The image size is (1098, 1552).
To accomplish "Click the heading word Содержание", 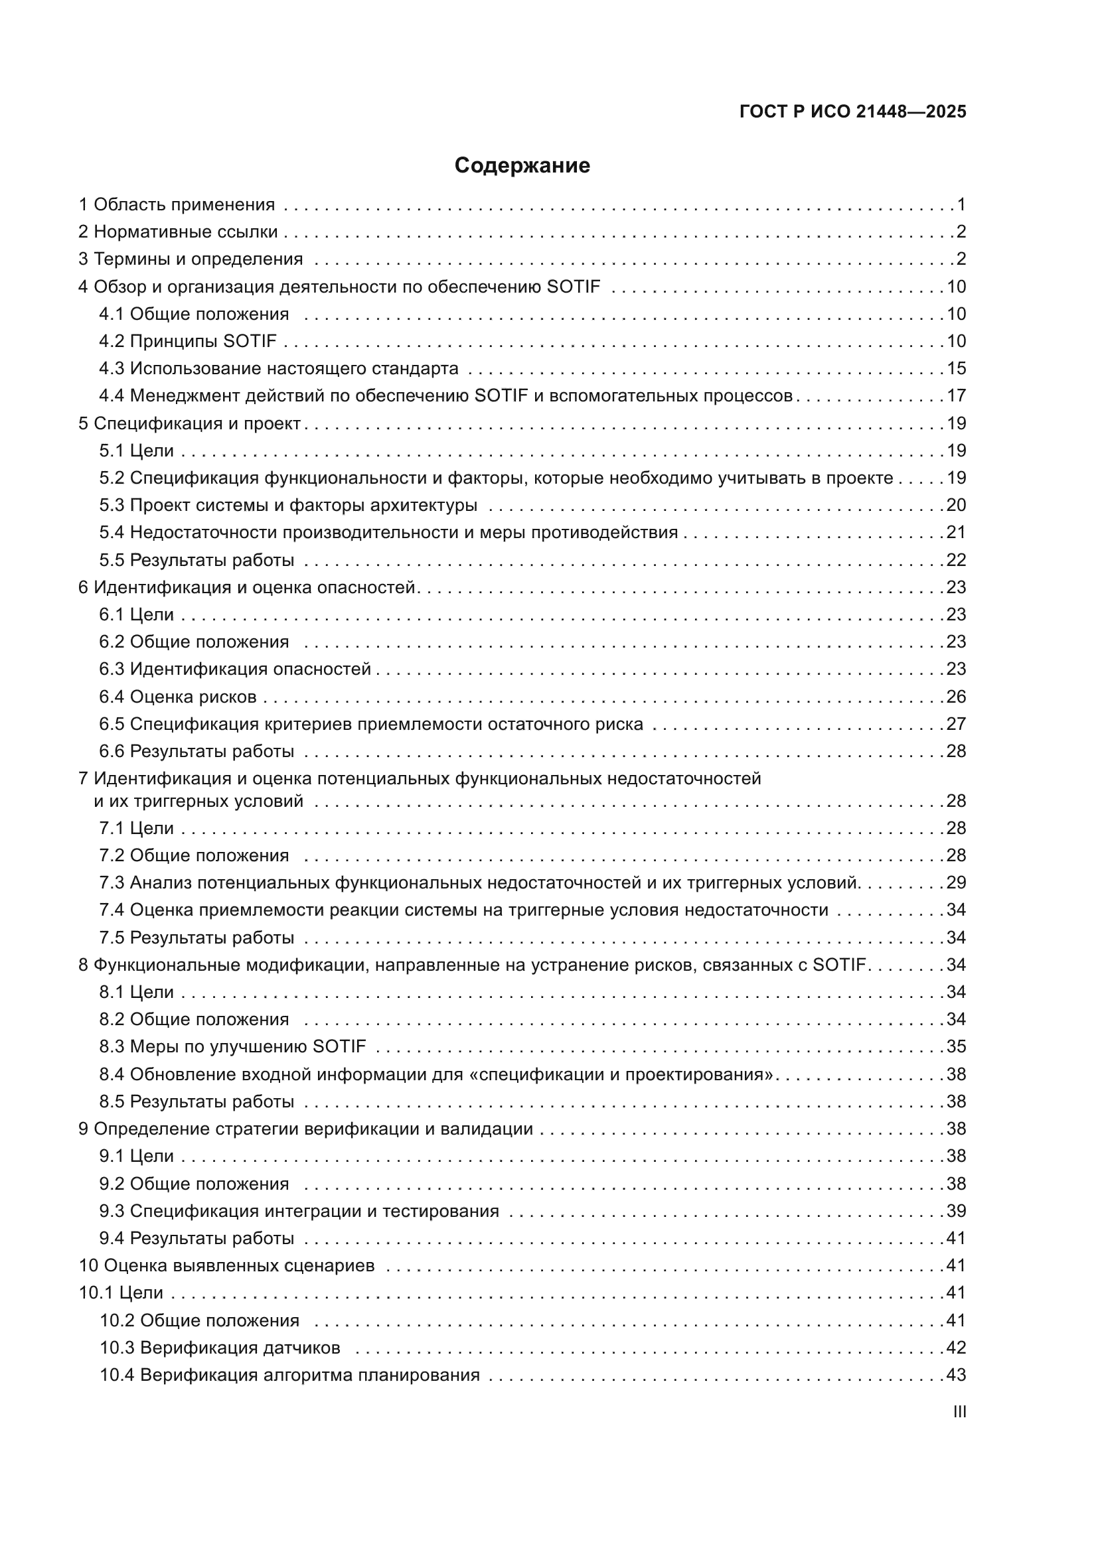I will pos(522,166).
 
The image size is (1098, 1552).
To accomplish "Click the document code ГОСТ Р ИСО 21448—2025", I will pos(852,111).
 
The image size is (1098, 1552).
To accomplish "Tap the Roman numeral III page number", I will pos(959,1411).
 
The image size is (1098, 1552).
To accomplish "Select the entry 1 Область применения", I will pos(177,204).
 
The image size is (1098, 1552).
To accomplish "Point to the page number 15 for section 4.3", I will pos(956,368).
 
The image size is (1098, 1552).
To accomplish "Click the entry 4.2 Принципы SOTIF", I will pos(188,340).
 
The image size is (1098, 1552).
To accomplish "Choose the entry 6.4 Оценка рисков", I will pos(178,696).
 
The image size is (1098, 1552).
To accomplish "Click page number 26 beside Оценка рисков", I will pos(956,696).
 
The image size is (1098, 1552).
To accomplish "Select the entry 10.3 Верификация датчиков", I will pos(220,1347).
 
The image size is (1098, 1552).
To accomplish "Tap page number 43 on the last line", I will pos(956,1375).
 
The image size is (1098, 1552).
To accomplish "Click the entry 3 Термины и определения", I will pos(191,259).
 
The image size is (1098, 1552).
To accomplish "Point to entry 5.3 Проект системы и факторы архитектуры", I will pos(288,505).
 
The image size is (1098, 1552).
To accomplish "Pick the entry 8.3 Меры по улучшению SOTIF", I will pos(232,1046).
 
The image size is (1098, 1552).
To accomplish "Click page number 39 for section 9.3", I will pos(956,1211).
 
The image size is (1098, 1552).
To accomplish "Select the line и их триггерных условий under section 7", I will pos(198,801).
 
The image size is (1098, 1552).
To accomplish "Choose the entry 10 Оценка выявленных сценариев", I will pos(226,1265).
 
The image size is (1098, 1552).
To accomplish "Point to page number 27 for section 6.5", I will pos(956,724).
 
